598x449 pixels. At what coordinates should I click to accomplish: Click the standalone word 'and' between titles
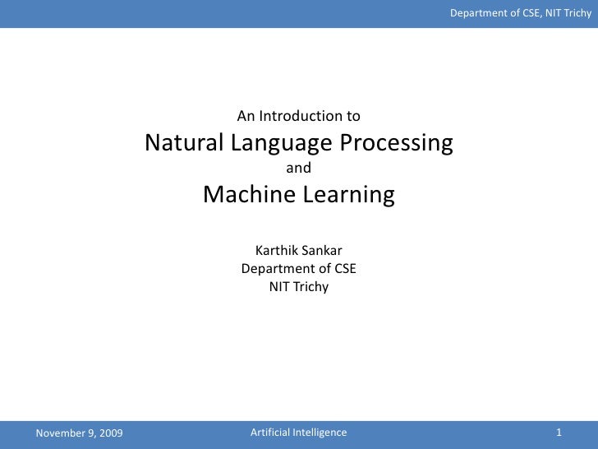coord(298,169)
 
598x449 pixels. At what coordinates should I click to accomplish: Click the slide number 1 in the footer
coord(559,433)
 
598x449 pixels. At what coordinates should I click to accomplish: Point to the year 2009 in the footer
coord(109,433)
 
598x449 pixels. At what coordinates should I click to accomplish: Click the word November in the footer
coord(59,433)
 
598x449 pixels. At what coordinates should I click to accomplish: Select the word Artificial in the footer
coord(269,433)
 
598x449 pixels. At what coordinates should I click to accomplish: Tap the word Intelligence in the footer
coord(320,433)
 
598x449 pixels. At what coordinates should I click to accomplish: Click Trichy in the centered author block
coord(310,286)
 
